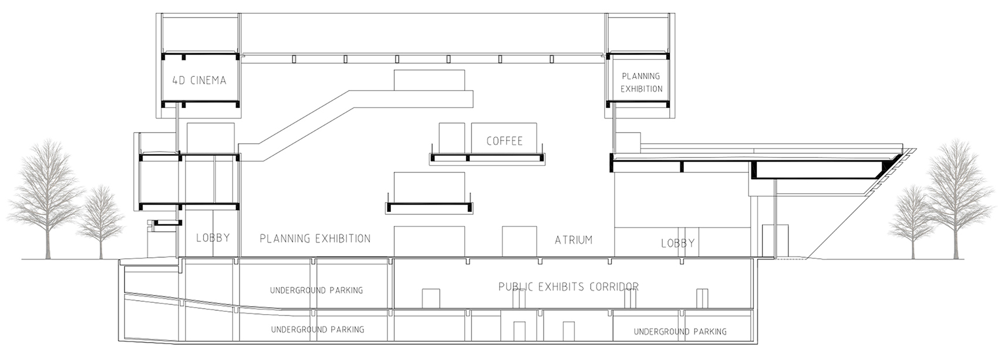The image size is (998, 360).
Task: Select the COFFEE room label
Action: [x=504, y=141]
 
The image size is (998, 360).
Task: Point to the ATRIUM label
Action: [x=574, y=240]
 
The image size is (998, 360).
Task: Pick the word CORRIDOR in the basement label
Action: [x=615, y=287]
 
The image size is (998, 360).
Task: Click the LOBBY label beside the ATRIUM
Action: [x=677, y=243]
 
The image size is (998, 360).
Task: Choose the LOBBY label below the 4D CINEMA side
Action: [x=213, y=238]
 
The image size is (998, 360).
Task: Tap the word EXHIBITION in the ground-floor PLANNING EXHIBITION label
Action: [x=343, y=239]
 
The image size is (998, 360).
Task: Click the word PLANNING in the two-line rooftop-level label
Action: [x=640, y=76]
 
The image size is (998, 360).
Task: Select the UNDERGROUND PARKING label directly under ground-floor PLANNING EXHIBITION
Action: [x=316, y=291]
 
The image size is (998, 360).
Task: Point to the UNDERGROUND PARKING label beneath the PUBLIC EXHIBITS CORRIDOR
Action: [x=680, y=332]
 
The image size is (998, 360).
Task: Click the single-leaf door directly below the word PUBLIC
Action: [x=431, y=298]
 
